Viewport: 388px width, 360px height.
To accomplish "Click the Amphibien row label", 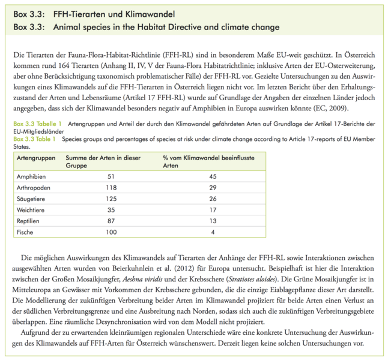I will click(30, 176).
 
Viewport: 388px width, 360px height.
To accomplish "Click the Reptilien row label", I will click(28, 220).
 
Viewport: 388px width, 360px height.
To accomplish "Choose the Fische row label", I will click(25, 231).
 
